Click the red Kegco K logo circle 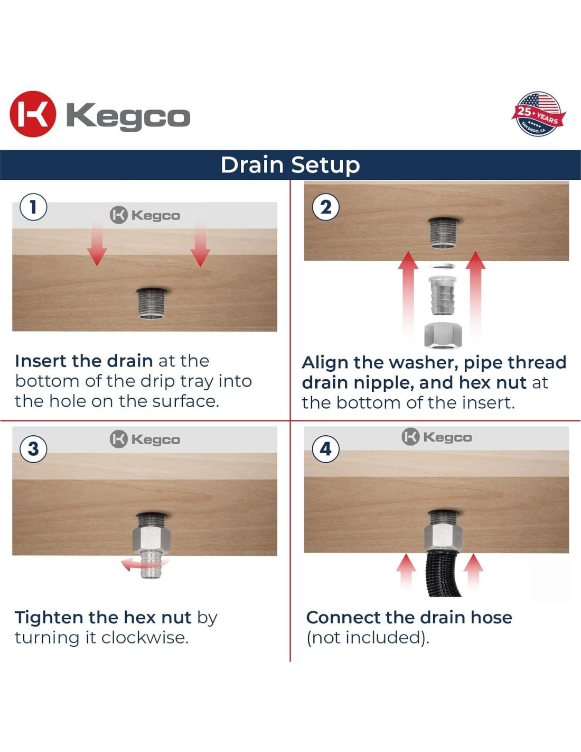33,114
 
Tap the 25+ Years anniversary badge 539,114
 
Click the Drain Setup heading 290,165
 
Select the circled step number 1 33,207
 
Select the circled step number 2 325,207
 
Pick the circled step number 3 33,449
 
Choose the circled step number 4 325,449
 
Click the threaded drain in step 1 152,303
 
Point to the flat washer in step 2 443,266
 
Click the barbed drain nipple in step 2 443,295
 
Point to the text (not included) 368,637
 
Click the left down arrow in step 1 97,242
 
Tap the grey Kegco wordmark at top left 128,117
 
